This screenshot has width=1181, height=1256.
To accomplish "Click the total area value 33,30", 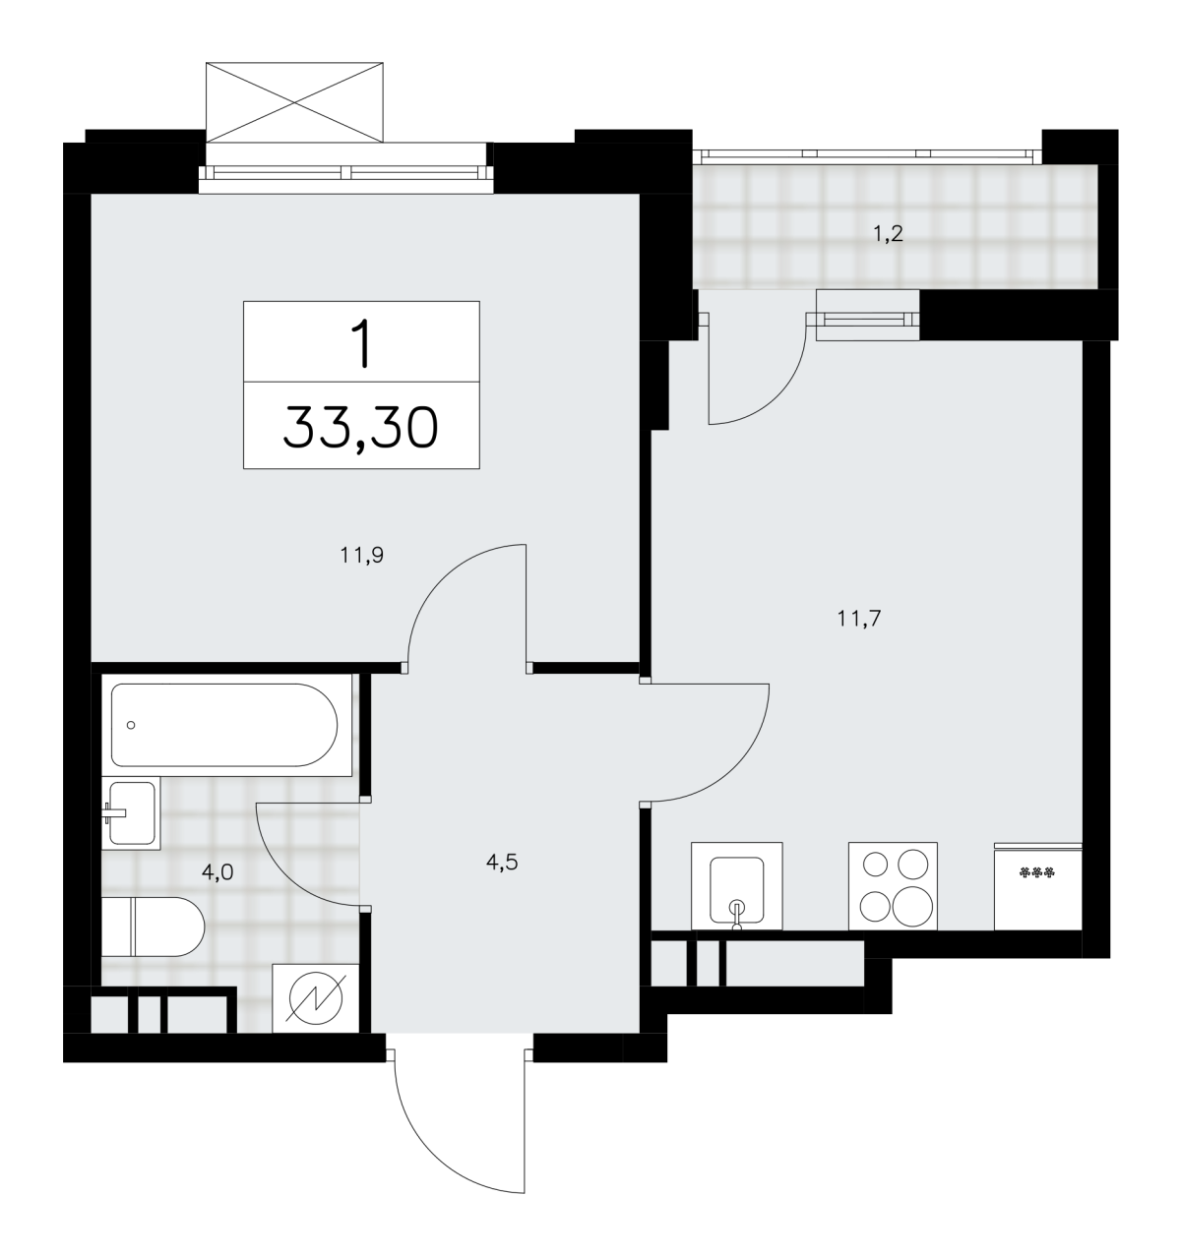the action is tap(360, 428).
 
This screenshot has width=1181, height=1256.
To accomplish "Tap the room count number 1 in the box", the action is tap(360, 343).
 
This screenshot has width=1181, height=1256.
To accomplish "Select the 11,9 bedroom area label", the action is tap(361, 556).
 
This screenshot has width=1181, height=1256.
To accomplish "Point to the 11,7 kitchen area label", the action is tap(859, 618).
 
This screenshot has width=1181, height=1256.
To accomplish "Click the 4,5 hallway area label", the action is tap(502, 862).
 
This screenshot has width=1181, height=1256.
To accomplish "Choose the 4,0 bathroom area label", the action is tap(218, 872).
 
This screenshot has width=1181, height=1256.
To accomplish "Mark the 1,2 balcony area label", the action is tap(888, 235).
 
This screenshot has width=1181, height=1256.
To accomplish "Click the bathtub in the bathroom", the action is tap(226, 725).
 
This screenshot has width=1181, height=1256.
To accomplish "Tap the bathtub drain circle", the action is tap(131, 725).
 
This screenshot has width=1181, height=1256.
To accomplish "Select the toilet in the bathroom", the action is tap(153, 927).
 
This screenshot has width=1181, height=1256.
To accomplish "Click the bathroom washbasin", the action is tap(130, 812).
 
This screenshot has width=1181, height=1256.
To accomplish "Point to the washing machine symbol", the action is tap(315, 998).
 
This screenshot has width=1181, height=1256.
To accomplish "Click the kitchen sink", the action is tap(736, 886).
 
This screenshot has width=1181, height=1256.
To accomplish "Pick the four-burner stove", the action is tap(893, 886).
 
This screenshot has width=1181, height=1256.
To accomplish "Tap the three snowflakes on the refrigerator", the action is tap(1037, 873).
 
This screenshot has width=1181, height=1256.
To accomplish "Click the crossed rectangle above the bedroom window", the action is tap(294, 102).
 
